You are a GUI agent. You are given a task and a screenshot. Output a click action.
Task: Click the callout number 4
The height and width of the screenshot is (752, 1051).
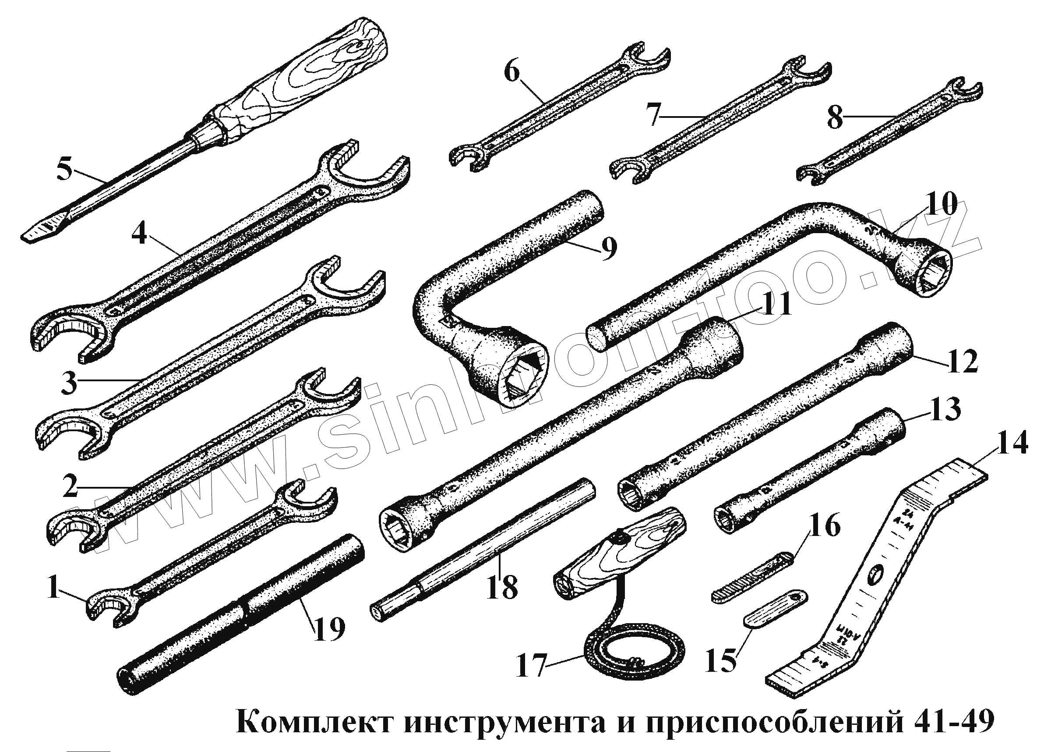coord(139,234)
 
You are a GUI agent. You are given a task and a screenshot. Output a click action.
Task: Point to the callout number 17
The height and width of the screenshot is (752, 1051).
coord(531,666)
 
